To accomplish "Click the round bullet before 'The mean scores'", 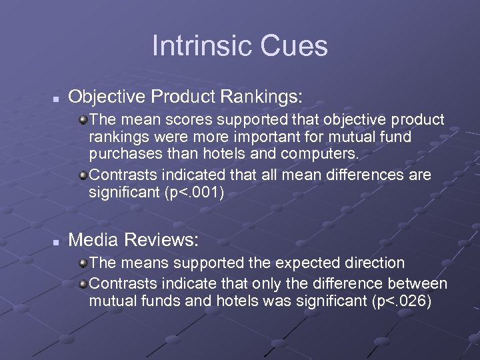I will pyautogui.click(x=82, y=120).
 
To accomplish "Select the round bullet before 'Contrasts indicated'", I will pyautogui.click(x=82, y=175).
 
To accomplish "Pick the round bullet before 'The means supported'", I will pyautogui.click(x=82, y=263).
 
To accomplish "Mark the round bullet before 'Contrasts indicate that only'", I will pyautogui.click(x=82, y=283).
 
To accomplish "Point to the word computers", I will pyautogui.click(x=321, y=155).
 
